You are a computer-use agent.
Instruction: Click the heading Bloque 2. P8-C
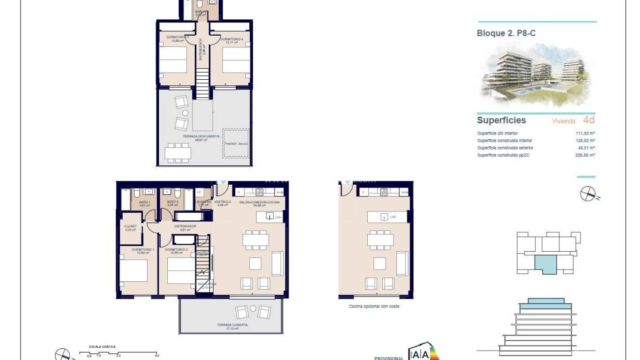coord(499,33)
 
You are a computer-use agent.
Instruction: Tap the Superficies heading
coord(501,120)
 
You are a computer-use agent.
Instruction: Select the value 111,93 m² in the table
coord(585,133)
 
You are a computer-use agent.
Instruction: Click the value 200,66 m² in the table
coord(585,155)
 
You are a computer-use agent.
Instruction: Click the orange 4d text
coord(589,120)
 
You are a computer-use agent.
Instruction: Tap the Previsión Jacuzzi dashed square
coord(236,143)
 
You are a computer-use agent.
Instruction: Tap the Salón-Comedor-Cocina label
coord(259,202)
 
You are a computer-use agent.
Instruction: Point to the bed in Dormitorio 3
coord(172,60)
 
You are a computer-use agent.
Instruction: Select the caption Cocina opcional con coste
coord(374,307)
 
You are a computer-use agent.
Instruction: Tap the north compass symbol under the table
coord(588,194)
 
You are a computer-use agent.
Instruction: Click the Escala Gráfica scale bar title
coord(102,347)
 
